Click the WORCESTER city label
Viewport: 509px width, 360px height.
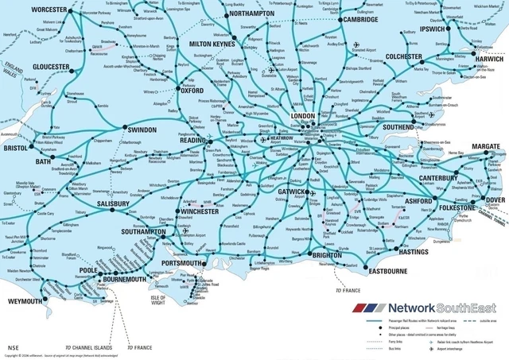[x=49, y=9]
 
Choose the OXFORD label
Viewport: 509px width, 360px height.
[x=192, y=91]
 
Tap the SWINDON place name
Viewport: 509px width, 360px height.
[x=142, y=130]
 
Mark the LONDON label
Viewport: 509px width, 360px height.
[x=305, y=116]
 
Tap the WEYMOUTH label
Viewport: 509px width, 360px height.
[x=26, y=302]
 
